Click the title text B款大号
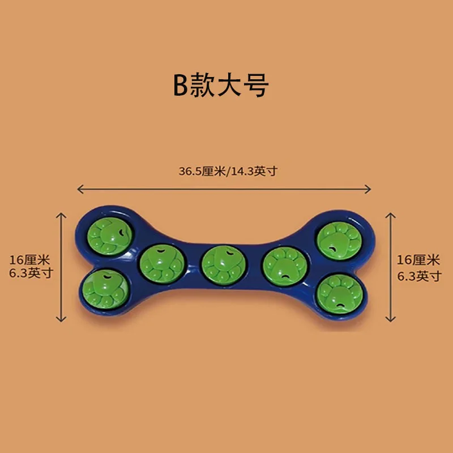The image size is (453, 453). pyautogui.click(x=221, y=85)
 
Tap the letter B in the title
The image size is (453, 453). pyautogui.click(x=181, y=85)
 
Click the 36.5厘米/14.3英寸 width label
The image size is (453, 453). pyautogui.click(x=228, y=172)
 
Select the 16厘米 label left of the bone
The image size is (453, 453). pyautogui.click(x=30, y=260)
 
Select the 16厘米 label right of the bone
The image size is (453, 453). pyautogui.click(x=418, y=260)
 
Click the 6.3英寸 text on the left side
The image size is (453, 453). pyautogui.click(x=31, y=273)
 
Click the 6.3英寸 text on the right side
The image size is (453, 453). pyautogui.click(x=419, y=276)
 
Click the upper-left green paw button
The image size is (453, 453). pyautogui.click(x=109, y=236)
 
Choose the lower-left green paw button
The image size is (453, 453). pyautogui.click(x=105, y=289)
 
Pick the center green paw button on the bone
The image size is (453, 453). pyautogui.click(x=223, y=265)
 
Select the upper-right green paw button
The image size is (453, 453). pyautogui.click(x=339, y=241)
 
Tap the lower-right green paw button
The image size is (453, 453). pyautogui.click(x=339, y=294)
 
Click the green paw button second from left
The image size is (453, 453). pyautogui.click(x=162, y=264)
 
